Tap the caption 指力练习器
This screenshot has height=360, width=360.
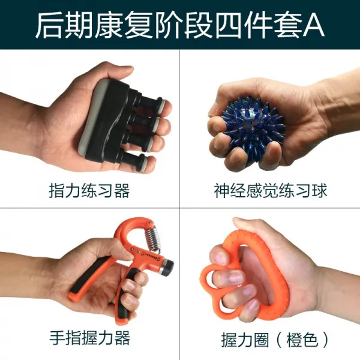tap(89, 191)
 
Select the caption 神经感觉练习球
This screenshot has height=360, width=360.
tap(270, 191)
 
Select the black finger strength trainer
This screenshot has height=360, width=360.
tap(123, 123)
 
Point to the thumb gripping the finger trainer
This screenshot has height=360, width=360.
tap(111, 75)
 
